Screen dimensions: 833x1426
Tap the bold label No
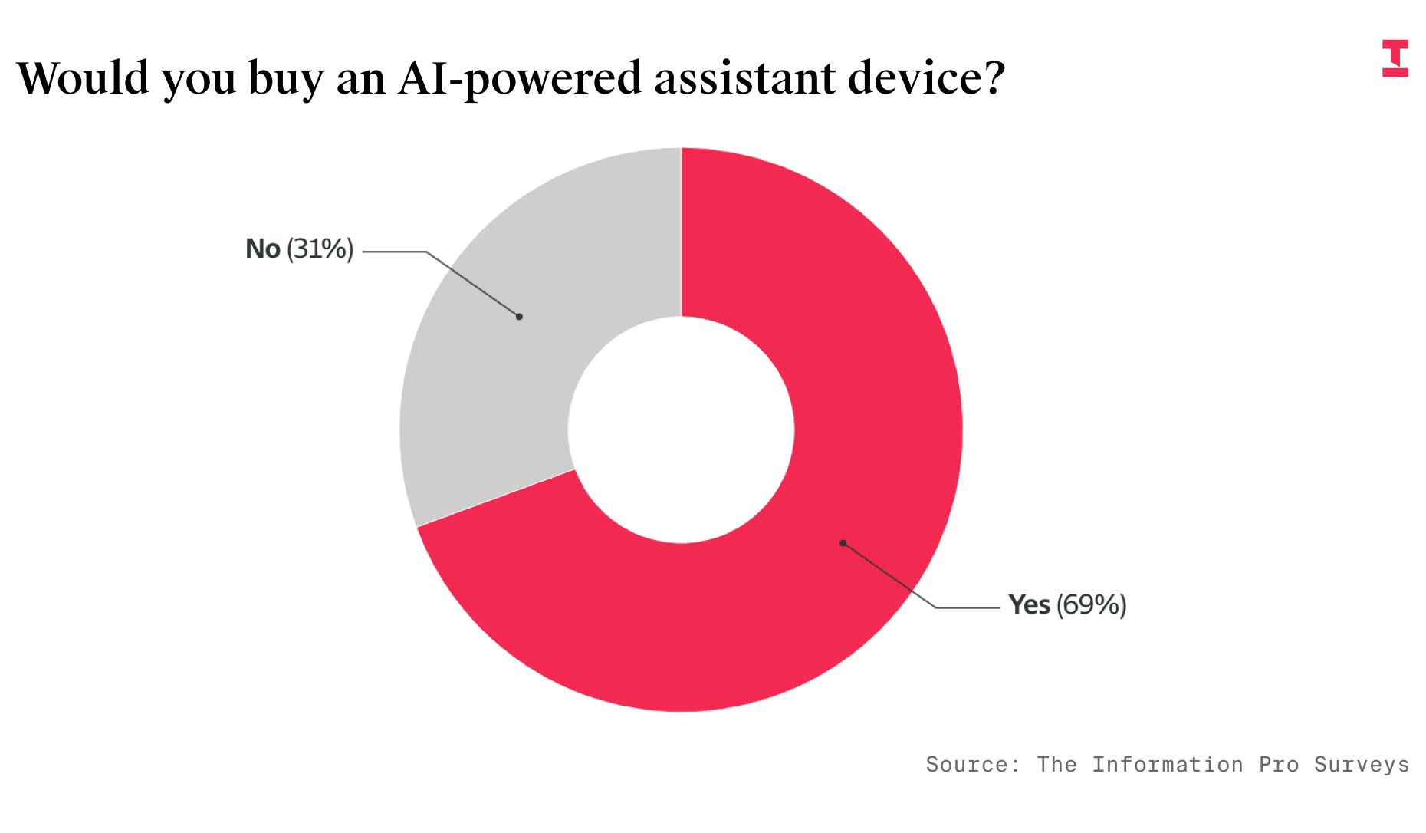(x=262, y=249)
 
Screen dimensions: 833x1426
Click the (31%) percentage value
(x=320, y=249)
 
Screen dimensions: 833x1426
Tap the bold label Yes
(x=1029, y=605)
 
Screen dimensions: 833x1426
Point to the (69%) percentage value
(x=1091, y=605)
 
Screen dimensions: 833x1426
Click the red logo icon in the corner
(x=1395, y=58)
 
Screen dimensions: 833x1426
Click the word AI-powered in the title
(x=519, y=78)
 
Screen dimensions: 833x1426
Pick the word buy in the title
(x=285, y=80)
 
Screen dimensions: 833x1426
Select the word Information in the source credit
(x=1167, y=764)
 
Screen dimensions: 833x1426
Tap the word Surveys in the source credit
(x=1362, y=764)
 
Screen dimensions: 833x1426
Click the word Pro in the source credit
(x=1278, y=764)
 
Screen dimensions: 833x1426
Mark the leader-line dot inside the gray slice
(x=519, y=316)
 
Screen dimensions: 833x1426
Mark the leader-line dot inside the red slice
(x=843, y=543)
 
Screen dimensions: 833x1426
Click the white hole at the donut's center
(x=681, y=430)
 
